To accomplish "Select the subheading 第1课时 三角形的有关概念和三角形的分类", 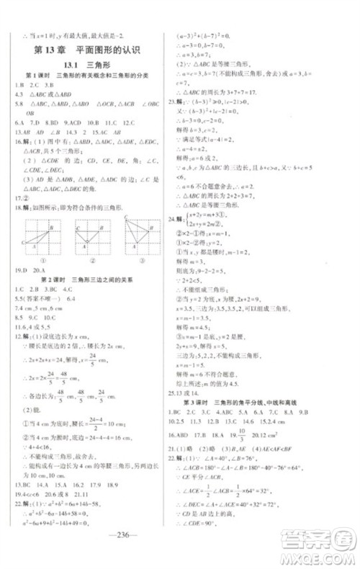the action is coord(90,76).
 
